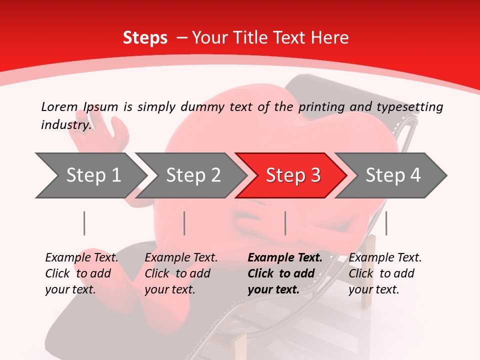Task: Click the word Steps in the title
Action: [145, 38]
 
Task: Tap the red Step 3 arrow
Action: [292, 175]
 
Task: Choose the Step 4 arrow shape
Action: [392, 175]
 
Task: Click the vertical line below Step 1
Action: [84, 223]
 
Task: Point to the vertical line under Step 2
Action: [184, 223]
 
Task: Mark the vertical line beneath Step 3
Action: [285, 223]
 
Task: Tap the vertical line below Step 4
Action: [386, 223]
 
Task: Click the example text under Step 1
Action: [81, 273]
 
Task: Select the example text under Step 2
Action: [181, 273]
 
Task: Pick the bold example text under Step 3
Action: [284, 273]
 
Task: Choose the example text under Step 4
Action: [385, 273]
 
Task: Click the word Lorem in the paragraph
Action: [59, 107]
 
